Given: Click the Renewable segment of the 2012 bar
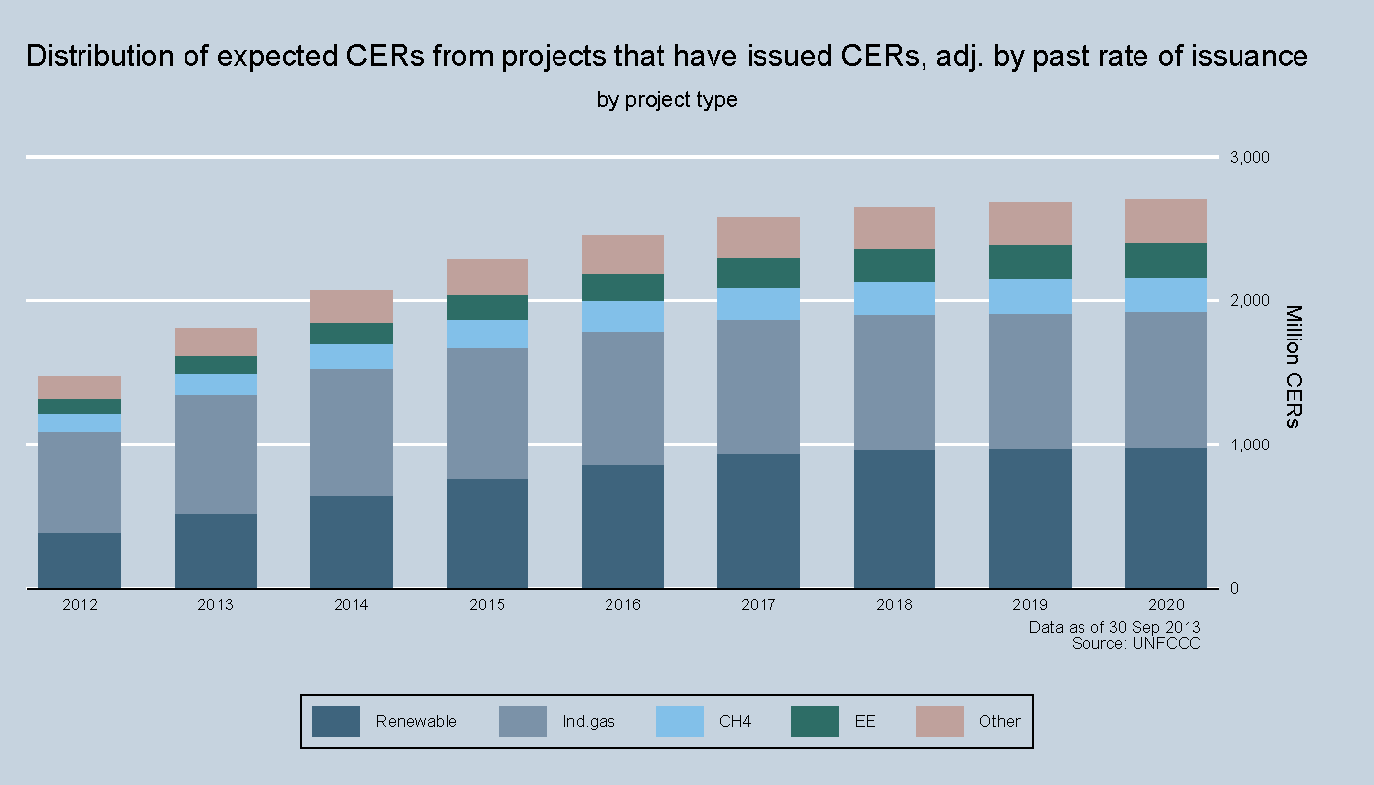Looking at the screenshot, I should pyautogui.click(x=79, y=560).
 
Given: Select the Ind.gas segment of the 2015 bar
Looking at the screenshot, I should pyautogui.click(x=487, y=413).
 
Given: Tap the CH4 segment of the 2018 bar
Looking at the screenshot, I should pyautogui.click(x=894, y=298).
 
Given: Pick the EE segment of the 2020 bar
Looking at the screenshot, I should pyautogui.click(x=1166, y=260).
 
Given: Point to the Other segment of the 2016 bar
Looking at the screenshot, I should pyautogui.click(x=622, y=254).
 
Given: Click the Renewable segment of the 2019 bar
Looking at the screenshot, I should pyautogui.click(x=1030, y=519).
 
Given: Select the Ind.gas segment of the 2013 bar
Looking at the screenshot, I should pyautogui.click(x=215, y=454).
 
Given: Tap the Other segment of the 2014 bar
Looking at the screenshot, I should pyautogui.click(x=351, y=306).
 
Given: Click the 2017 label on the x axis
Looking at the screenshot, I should pyautogui.click(x=759, y=604).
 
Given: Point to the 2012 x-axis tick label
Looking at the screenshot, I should pyautogui.click(x=79, y=604).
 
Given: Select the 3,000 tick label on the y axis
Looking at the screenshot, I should pyautogui.click(x=1249, y=157).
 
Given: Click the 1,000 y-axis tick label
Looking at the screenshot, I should pyautogui.click(x=1249, y=445).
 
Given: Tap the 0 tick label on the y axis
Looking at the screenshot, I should pyautogui.click(x=1235, y=589).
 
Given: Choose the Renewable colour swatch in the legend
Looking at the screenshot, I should pyautogui.click(x=336, y=721).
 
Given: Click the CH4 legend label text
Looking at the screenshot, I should pyautogui.click(x=735, y=721).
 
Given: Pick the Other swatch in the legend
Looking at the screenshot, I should pyautogui.click(x=939, y=721).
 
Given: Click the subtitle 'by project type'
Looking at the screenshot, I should pyautogui.click(x=666, y=100).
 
